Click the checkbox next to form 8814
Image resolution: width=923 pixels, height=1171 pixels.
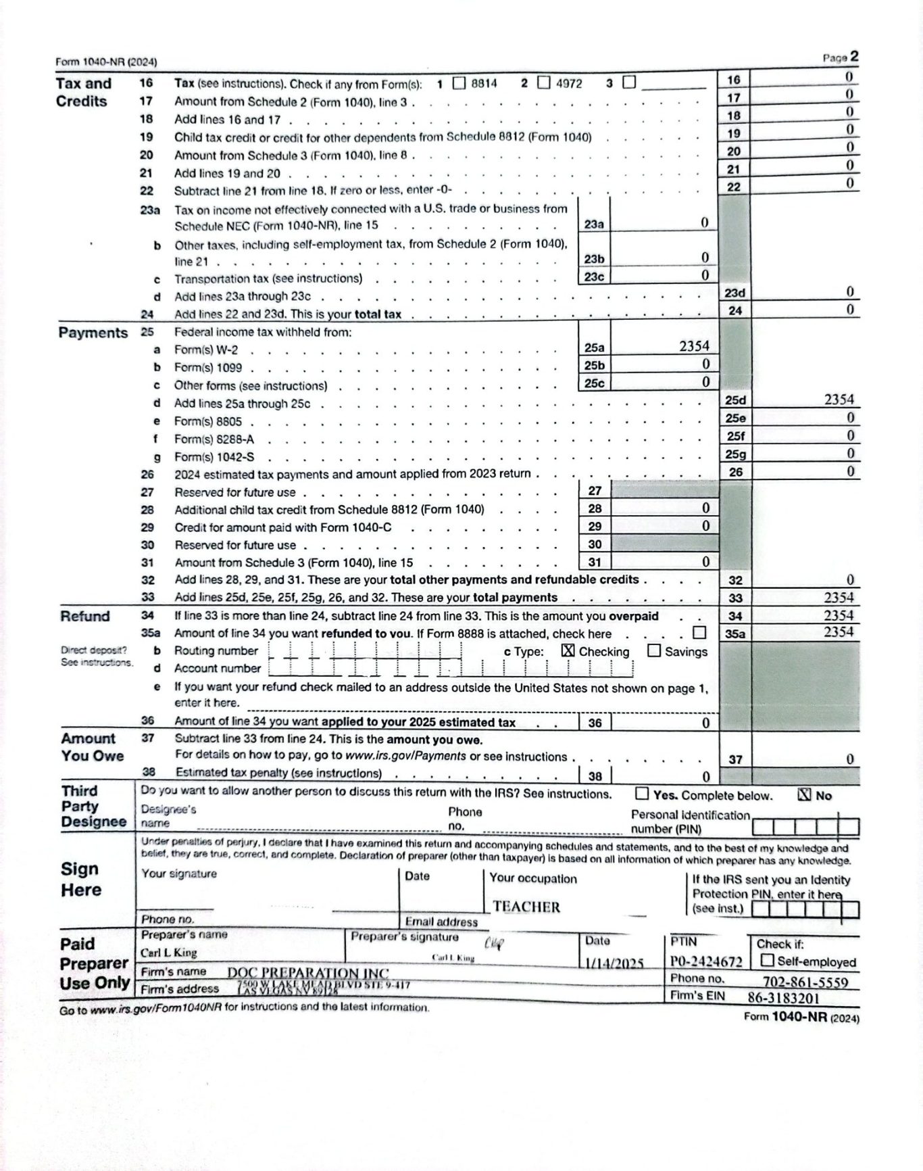point(459,83)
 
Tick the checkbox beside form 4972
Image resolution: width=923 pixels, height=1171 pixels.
point(544,82)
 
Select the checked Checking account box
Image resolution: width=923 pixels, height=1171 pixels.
point(568,650)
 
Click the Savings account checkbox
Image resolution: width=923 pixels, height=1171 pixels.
point(654,650)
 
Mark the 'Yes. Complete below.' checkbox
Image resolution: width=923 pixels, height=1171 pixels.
point(642,794)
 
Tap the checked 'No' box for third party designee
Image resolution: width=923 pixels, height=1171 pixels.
point(804,794)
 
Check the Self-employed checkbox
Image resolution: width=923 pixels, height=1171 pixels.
point(768,960)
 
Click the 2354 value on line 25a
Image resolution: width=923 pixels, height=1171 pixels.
point(694,346)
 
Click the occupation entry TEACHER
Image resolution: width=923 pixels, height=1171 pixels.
point(526,907)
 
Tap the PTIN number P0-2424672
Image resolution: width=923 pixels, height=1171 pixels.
point(706,961)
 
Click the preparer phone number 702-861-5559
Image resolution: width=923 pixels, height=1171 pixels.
point(805,982)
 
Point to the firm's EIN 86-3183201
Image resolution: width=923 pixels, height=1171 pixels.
point(783,998)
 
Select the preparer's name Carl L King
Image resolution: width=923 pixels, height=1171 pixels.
point(169,953)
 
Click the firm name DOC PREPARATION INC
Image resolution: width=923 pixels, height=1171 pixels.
point(308,973)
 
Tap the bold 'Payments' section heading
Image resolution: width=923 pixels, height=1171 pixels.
point(93,333)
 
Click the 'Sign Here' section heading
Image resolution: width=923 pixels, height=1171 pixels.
point(80,879)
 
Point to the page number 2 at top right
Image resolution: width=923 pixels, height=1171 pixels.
point(854,57)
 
